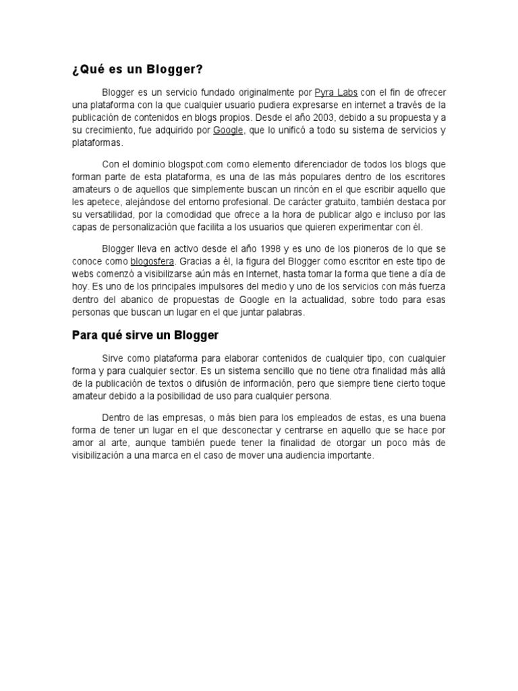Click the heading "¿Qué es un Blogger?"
137,70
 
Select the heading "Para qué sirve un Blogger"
146,335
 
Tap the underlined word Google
228,130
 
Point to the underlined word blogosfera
152,261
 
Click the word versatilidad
107,215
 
